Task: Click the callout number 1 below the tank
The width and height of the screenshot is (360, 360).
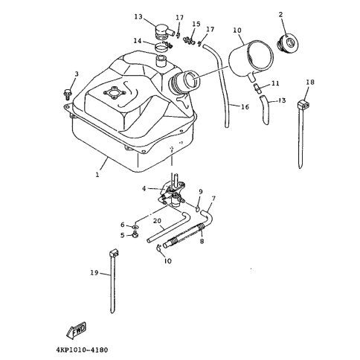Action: pyautogui.click(x=97, y=175)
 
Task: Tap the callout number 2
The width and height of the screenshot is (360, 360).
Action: pyautogui.click(x=280, y=15)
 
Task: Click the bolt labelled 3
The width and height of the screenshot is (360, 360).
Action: pyautogui.click(x=67, y=94)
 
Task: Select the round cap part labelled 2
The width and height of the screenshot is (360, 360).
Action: pyautogui.click(x=287, y=44)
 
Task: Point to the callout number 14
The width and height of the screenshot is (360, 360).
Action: pyautogui.click(x=137, y=41)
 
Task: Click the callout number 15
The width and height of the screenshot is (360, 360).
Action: pyautogui.click(x=196, y=24)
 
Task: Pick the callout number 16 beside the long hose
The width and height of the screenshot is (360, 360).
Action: pyautogui.click(x=245, y=107)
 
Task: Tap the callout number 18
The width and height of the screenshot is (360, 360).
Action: pyautogui.click(x=310, y=82)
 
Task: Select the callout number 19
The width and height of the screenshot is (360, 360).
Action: pyautogui.click(x=94, y=273)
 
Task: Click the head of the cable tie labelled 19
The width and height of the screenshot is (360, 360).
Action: pyautogui.click(x=113, y=254)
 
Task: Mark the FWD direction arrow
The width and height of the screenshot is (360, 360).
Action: pyautogui.click(x=77, y=330)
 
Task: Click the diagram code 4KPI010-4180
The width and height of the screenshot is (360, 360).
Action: pyautogui.click(x=82, y=350)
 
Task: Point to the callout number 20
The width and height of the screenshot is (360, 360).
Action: pyautogui.click(x=157, y=221)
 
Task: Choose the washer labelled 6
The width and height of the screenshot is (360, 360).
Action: pyautogui.click(x=135, y=227)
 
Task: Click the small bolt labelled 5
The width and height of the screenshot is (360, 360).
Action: pyautogui.click(x=135, y=234)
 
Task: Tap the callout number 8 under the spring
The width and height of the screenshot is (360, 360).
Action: pyautogui.click(x=202, y=241)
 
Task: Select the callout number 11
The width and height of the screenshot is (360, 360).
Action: pyautogui.click(x=275, y=83)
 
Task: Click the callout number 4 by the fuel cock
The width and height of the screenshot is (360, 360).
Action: pyautogui.click(x=144, y=189)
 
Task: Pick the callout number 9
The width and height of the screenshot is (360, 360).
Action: pyautogui.click(x=201, y=192)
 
